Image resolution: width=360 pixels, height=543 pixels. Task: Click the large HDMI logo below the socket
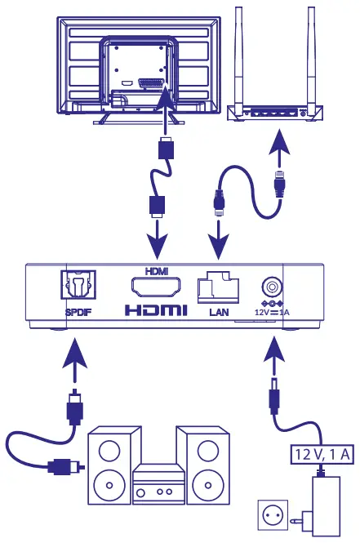coord(156,311)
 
